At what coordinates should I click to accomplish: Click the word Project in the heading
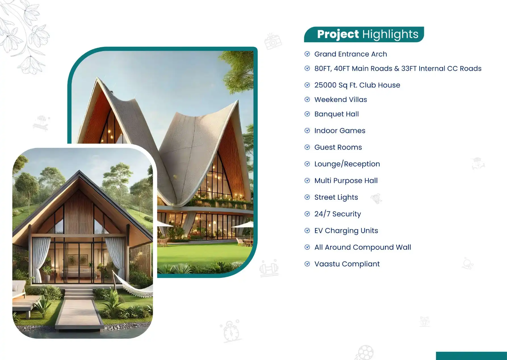pos(338,35)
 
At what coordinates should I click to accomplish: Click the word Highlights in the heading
pos(390,35)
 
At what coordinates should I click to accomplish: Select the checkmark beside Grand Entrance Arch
pos(307,54)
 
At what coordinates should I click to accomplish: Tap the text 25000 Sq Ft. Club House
pos(357,85)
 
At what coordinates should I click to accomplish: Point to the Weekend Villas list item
pos(341,100)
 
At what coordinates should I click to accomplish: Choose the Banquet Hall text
pos(336,114)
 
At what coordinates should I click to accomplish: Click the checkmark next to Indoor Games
pos(307,131)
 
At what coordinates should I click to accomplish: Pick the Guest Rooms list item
pos(338,147)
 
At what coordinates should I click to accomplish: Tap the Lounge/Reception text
pos(347,164)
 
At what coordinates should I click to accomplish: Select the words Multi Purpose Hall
pos(346,181)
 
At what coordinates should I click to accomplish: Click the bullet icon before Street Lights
pos(307,197)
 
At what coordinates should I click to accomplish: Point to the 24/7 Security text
pos(338,214)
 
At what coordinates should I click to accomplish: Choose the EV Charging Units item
pos(346,231)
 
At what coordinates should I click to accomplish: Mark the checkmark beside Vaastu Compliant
pos(307,264)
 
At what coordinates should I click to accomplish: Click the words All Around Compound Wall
pos(363,247)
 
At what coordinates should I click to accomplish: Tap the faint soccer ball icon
pos(365,353)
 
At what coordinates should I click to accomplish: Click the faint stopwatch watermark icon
pos(231,331)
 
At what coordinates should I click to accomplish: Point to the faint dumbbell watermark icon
pos(269,268)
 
